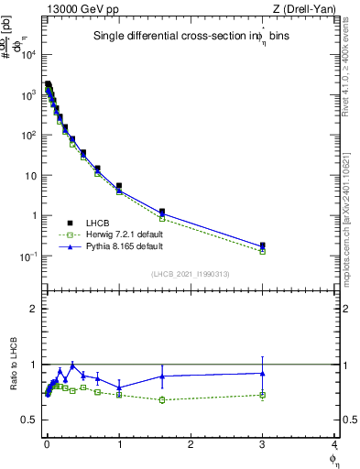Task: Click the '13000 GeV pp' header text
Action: pos(79,8)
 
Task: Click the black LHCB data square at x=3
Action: pos(263,245)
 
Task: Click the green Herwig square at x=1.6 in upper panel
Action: pos(162,218)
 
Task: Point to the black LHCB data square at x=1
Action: pos(119,186)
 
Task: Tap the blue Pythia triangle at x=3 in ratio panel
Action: pos(263,373)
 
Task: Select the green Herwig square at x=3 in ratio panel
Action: pos(263,395)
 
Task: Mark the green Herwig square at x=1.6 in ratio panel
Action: pos(162,399)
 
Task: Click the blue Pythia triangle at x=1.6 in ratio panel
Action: pos(162,376)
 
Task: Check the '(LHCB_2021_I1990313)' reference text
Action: pos(190,274)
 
